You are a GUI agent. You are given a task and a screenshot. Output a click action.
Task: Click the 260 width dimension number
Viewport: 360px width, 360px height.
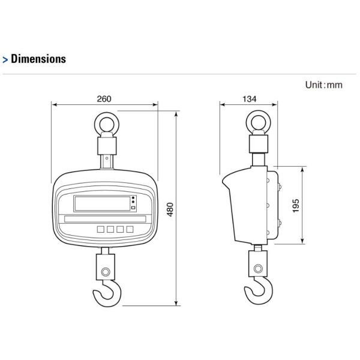[104, 99]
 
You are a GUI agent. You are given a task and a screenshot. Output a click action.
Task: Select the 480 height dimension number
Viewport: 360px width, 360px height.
[170, 209]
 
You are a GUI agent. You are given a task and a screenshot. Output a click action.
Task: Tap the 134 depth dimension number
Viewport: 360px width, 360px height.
[250, 99]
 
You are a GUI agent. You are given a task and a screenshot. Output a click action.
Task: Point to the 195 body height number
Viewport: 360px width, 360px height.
[296, 206]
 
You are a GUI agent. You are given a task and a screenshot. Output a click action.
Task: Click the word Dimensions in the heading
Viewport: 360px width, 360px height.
[38, 59]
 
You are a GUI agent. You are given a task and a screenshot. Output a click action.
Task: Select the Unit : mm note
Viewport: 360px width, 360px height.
[324, 85]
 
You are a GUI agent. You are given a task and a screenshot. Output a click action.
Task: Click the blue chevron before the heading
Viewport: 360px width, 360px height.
[5, 60]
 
